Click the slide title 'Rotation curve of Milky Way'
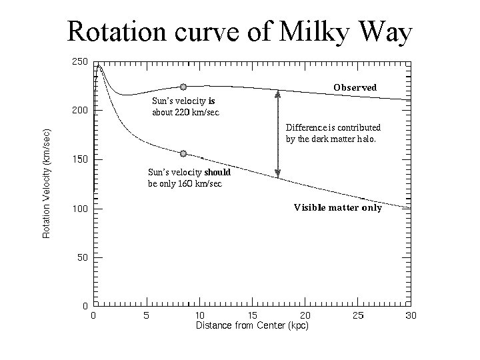click(240, 31)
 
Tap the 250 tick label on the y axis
click(79, 61)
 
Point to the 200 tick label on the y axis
click(79, 110)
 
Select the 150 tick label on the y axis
click(79, 159)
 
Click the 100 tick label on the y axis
click(79, 209)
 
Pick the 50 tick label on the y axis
click(81, 257)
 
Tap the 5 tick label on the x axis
click(146, 315)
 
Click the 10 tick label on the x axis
click(199, 315)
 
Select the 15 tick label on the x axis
click(252, 315)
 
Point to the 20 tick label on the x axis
click(305, 315)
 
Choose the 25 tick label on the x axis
click(358, 315)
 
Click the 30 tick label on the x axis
click(410, 315)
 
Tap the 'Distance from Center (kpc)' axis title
click(251, 325)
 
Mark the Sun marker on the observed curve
click(183, 87)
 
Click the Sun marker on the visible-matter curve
click(183, 153)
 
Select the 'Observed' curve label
click(355, 87)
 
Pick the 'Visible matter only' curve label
click(338, 207)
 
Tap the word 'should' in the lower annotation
click(217, 172)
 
